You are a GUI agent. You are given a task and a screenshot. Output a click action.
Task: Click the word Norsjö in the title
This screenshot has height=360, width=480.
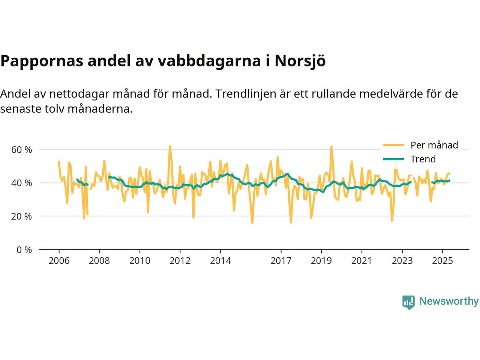pos(300,61)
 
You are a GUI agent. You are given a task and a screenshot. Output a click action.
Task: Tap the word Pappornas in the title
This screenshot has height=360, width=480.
pos(41,61)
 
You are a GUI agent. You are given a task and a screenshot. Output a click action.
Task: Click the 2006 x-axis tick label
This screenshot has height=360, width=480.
pos(59,260)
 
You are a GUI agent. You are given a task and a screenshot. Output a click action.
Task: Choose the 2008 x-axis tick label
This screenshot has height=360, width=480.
pos(99,260)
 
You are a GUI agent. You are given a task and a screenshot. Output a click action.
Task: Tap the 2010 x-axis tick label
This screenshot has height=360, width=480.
pos(139,260)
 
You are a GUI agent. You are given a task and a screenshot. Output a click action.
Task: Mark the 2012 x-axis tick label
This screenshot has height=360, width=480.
pos(180,260)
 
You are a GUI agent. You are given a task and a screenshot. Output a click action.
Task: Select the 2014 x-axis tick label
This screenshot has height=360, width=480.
pos(220,260)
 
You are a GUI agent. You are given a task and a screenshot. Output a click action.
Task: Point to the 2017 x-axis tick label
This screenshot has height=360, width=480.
pos(281,260)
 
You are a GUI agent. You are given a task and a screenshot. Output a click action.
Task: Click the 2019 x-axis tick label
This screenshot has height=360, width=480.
pos(321,260)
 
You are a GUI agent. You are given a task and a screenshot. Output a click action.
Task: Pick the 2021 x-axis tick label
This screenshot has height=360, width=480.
pos(361,260)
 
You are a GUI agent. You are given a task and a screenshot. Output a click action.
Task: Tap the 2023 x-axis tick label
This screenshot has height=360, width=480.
pos(402,260)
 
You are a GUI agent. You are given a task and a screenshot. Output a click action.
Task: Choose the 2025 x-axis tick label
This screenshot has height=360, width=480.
pos(442,260)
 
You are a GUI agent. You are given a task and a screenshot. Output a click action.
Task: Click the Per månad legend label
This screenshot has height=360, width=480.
pos(434,145)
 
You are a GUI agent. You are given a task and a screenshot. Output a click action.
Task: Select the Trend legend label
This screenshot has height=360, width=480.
pos(423,159)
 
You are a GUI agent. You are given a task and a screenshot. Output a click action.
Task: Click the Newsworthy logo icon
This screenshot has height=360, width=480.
pos(408,302)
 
